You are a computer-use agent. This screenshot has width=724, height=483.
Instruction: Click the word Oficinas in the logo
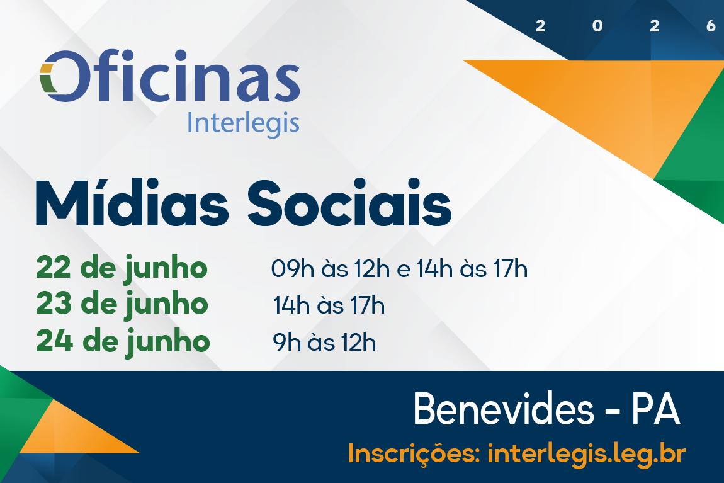[x=170, y=76]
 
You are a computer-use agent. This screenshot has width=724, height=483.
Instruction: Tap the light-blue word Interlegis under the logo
[x=243, y=124]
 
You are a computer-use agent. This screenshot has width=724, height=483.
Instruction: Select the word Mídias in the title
[x=132, y=203]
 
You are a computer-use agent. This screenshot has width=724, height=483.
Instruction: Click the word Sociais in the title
[x=349, y=203]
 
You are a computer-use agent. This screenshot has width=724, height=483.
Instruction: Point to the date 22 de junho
[x=122, y=268]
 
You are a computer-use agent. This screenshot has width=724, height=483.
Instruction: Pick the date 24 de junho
[x=123, y=342]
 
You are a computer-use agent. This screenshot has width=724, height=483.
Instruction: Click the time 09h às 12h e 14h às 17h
[x=399, y=269]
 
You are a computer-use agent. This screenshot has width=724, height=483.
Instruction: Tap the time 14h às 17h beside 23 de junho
[x=329, y=305]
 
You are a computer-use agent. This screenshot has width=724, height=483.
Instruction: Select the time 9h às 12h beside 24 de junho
[x=324, y=343]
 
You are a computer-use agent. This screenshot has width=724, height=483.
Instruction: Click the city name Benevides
[x=503, y=409]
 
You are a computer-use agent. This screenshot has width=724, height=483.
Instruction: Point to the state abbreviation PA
[x=655, y=409]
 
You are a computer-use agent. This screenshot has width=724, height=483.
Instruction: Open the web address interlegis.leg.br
[x=586, y=454]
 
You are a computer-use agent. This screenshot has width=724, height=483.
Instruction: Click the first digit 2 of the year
[x=540, y=26]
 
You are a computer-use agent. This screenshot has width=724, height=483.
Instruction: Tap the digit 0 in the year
[x=597, y=26]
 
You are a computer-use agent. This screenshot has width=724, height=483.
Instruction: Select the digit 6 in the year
[x=711, y=26]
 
